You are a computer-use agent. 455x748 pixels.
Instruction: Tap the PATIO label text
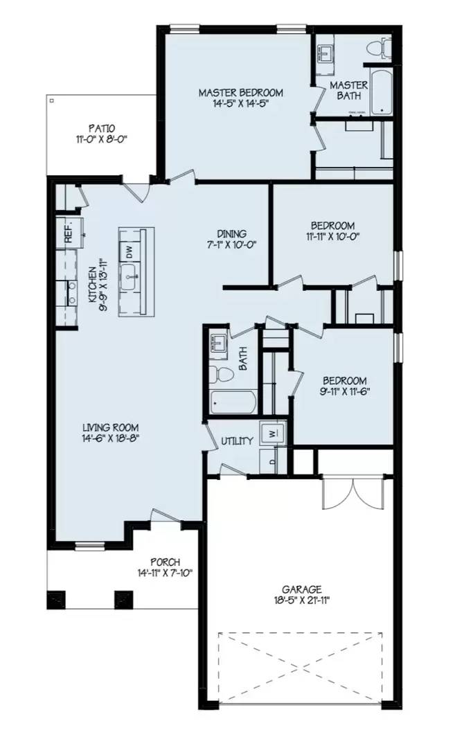click(x=101, y=128)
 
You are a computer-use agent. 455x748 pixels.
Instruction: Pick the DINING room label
click(x=231, y=234)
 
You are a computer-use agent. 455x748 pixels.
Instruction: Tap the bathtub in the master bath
click(x=381, y=92)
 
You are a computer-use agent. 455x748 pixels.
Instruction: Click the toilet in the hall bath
click(x=223, y=375)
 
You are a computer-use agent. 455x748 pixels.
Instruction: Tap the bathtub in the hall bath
click(x=234, y=402)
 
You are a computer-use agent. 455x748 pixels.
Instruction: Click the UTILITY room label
click(x=237, y=441)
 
